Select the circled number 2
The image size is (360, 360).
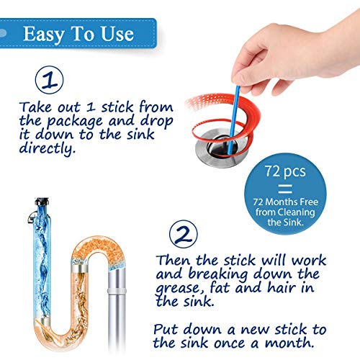(x=184, y=232)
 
